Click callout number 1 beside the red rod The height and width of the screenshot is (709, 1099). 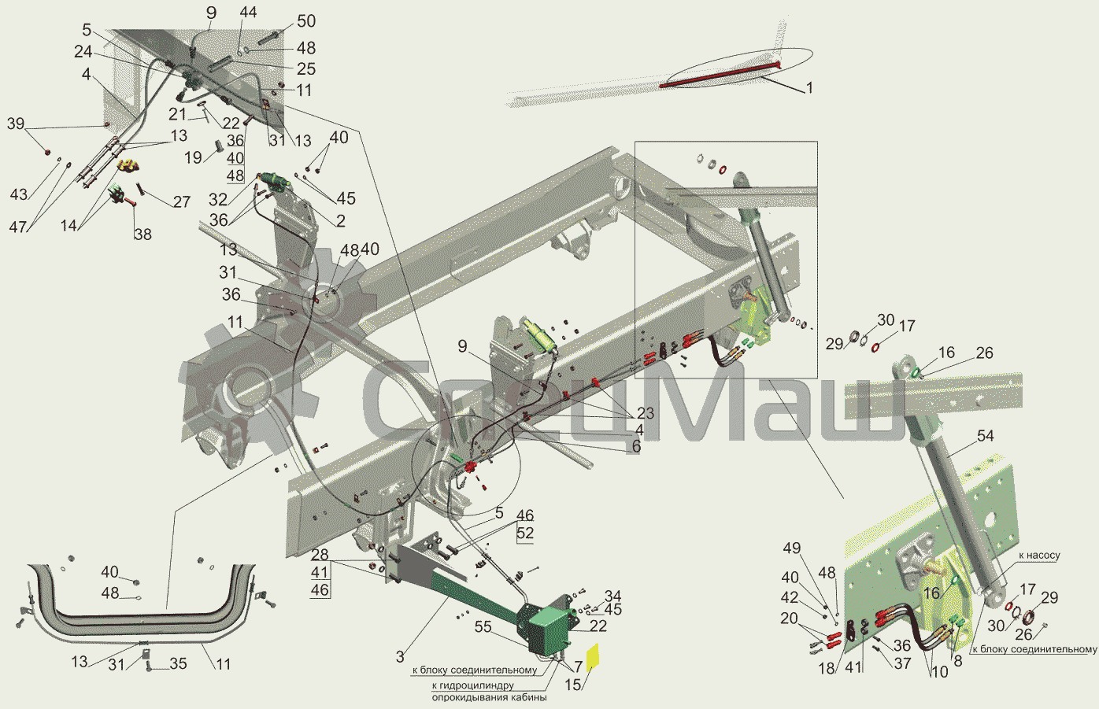[809, 88]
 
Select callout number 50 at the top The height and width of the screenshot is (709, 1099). [305, 21]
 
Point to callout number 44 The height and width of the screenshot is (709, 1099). [248, 13]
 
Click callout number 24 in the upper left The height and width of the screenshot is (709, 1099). [83, 52]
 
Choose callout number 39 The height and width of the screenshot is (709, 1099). [16, 124]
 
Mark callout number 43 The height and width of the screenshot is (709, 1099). [18, 194]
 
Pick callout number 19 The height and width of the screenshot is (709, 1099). [193, 158]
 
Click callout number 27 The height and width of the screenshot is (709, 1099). [182, 201]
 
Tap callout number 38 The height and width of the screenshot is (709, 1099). [142, 234]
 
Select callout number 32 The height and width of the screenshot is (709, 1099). [218, 200]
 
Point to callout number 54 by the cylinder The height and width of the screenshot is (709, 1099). [985, 436]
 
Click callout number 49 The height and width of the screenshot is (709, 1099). [791, 548]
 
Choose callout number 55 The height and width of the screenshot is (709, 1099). [483, 627]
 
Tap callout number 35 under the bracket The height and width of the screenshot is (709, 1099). [179, 663]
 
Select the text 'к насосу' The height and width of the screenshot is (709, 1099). [1039, 556]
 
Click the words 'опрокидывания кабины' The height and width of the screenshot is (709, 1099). [489, 697]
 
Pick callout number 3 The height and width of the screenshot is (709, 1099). [400, 656]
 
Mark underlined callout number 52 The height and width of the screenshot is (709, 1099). [525, 533]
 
